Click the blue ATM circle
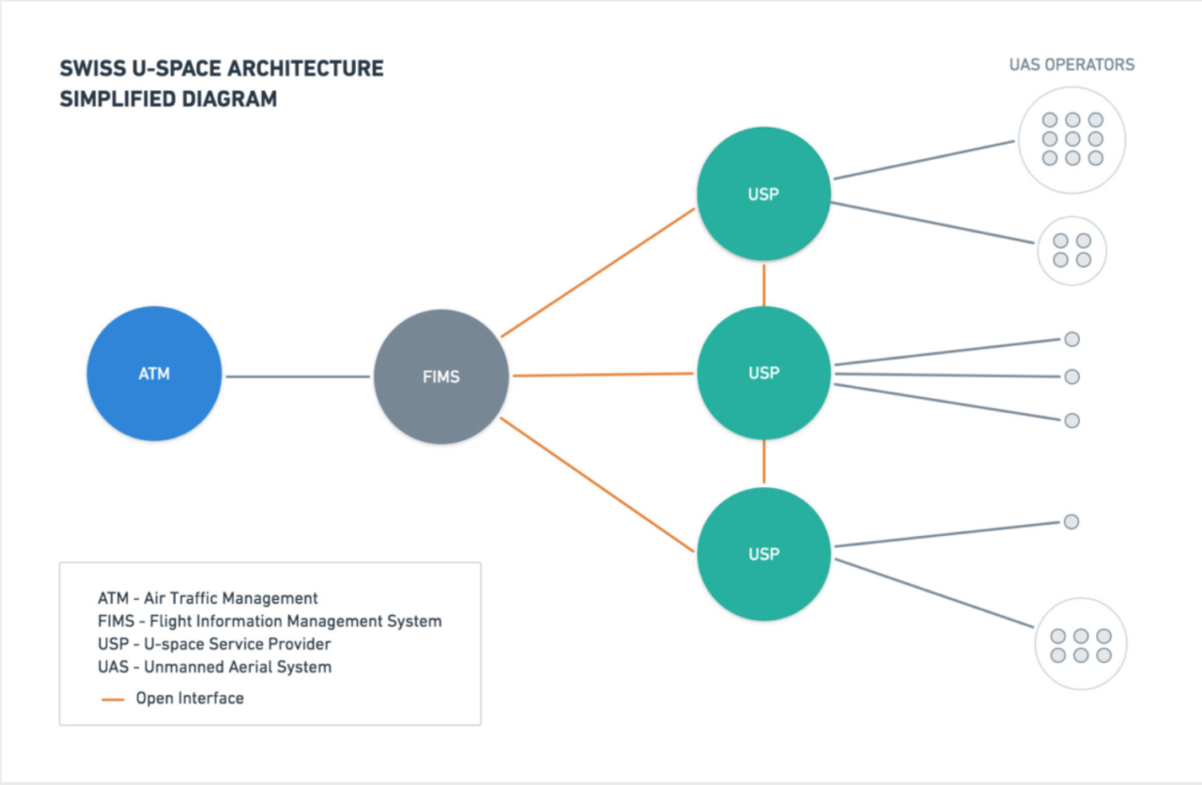click(x=154, y=374)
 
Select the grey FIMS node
click(x=441, y=377)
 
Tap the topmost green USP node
click(x=763, y=194)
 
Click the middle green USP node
click(x=763, y=373)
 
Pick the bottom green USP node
click(x=763, y=553)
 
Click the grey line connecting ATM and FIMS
click(x=298, y=377)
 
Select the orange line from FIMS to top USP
click(x=597, y=272)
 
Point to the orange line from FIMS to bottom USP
click(x=597, y=485)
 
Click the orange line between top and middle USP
click(x=764, y=284)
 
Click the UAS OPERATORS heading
click(x=1071, y=65)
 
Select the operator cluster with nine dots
click(x=1071, y=139)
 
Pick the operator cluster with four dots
click(x=1071, y=251)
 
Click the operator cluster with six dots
click(x=1080, y=645)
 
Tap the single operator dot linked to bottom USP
click(x=1071, y=522)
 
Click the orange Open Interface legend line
click(x=113, y=700)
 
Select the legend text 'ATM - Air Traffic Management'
click(x=208, y=598)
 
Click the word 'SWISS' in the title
click(x=86, y=69)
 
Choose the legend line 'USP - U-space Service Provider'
click(x=214, y=644)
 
